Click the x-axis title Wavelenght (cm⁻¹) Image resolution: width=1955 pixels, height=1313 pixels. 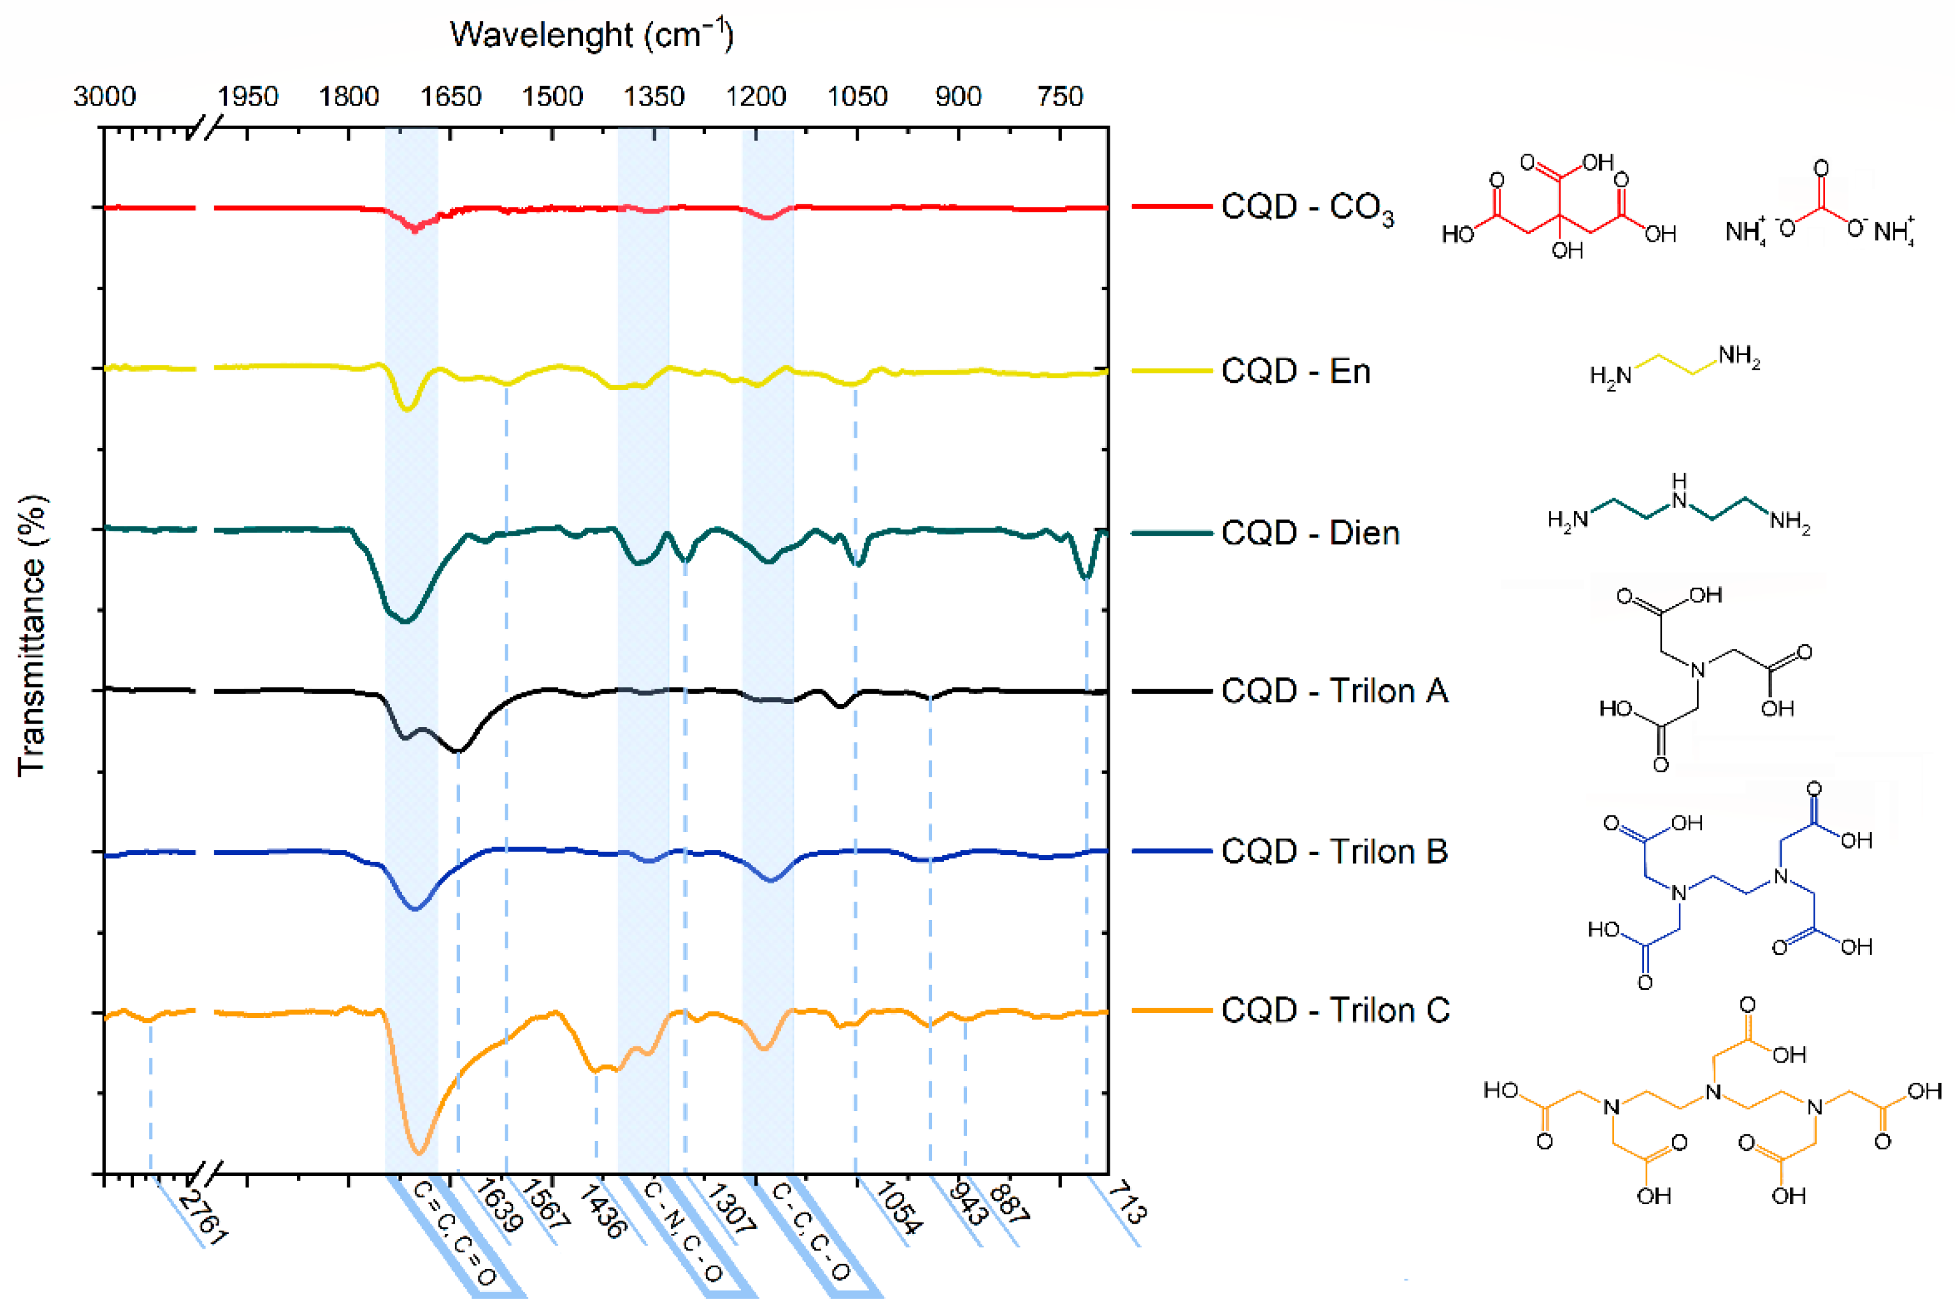pos(592,35)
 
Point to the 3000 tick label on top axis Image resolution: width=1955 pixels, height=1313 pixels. pos(104,96)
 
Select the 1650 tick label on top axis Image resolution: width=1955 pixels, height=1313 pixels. pos(451,96)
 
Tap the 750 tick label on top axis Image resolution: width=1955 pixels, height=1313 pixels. pos(1060,96)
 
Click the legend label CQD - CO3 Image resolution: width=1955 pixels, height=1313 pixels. pos(1306,206)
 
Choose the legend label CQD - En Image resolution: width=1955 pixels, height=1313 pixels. pos(1295,370)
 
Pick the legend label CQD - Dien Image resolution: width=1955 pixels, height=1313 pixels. pos(1309,533)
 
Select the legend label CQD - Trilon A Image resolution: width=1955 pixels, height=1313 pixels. pos(1333,691)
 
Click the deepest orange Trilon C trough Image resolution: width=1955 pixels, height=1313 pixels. pos(420,1152)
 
